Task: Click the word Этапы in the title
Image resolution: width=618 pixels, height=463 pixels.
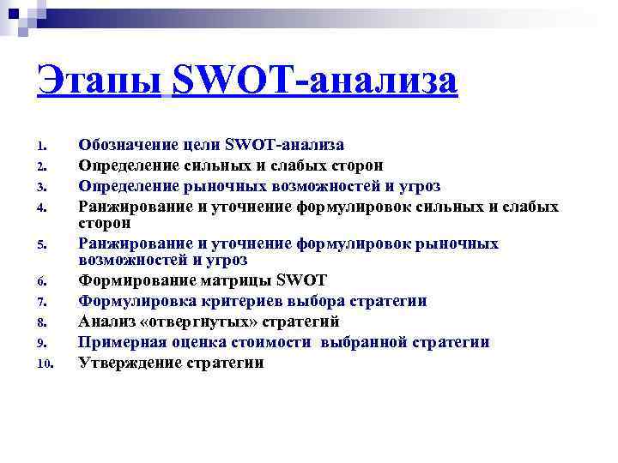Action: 100,83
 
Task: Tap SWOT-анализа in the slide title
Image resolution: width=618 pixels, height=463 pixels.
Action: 315,83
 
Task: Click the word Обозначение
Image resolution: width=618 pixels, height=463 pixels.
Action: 129,144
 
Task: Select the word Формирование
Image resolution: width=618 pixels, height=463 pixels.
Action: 131,280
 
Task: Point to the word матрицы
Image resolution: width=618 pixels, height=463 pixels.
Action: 237,280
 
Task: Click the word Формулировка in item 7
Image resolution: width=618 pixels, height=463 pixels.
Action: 131,301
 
